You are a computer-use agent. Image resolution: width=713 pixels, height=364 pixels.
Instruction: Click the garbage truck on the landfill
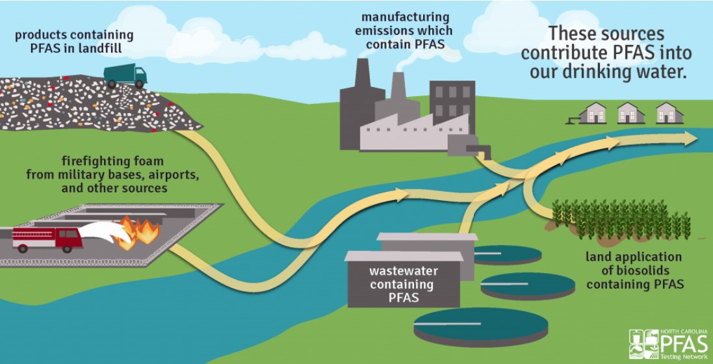125,75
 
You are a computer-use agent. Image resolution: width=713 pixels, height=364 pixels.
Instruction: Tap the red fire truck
47,239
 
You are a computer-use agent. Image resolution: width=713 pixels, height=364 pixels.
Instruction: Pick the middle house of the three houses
630,113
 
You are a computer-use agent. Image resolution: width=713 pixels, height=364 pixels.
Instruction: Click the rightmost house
669,113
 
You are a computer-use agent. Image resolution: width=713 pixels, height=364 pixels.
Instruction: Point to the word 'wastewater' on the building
403,271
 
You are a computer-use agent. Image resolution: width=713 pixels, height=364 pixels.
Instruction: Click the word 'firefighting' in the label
90,160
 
